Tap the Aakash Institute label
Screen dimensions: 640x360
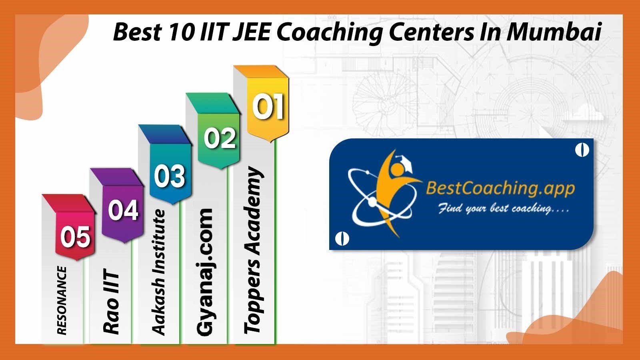(x=158, y=272)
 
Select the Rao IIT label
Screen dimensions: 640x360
(x=111, y=301)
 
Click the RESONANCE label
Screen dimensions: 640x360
(x=62, y=300)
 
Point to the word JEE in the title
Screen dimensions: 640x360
(x=251, y=32)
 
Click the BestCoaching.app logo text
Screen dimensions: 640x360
(x=500, y=189)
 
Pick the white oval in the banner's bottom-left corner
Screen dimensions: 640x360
(x=342, y=238)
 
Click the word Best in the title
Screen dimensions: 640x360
(x=138, y=32)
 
